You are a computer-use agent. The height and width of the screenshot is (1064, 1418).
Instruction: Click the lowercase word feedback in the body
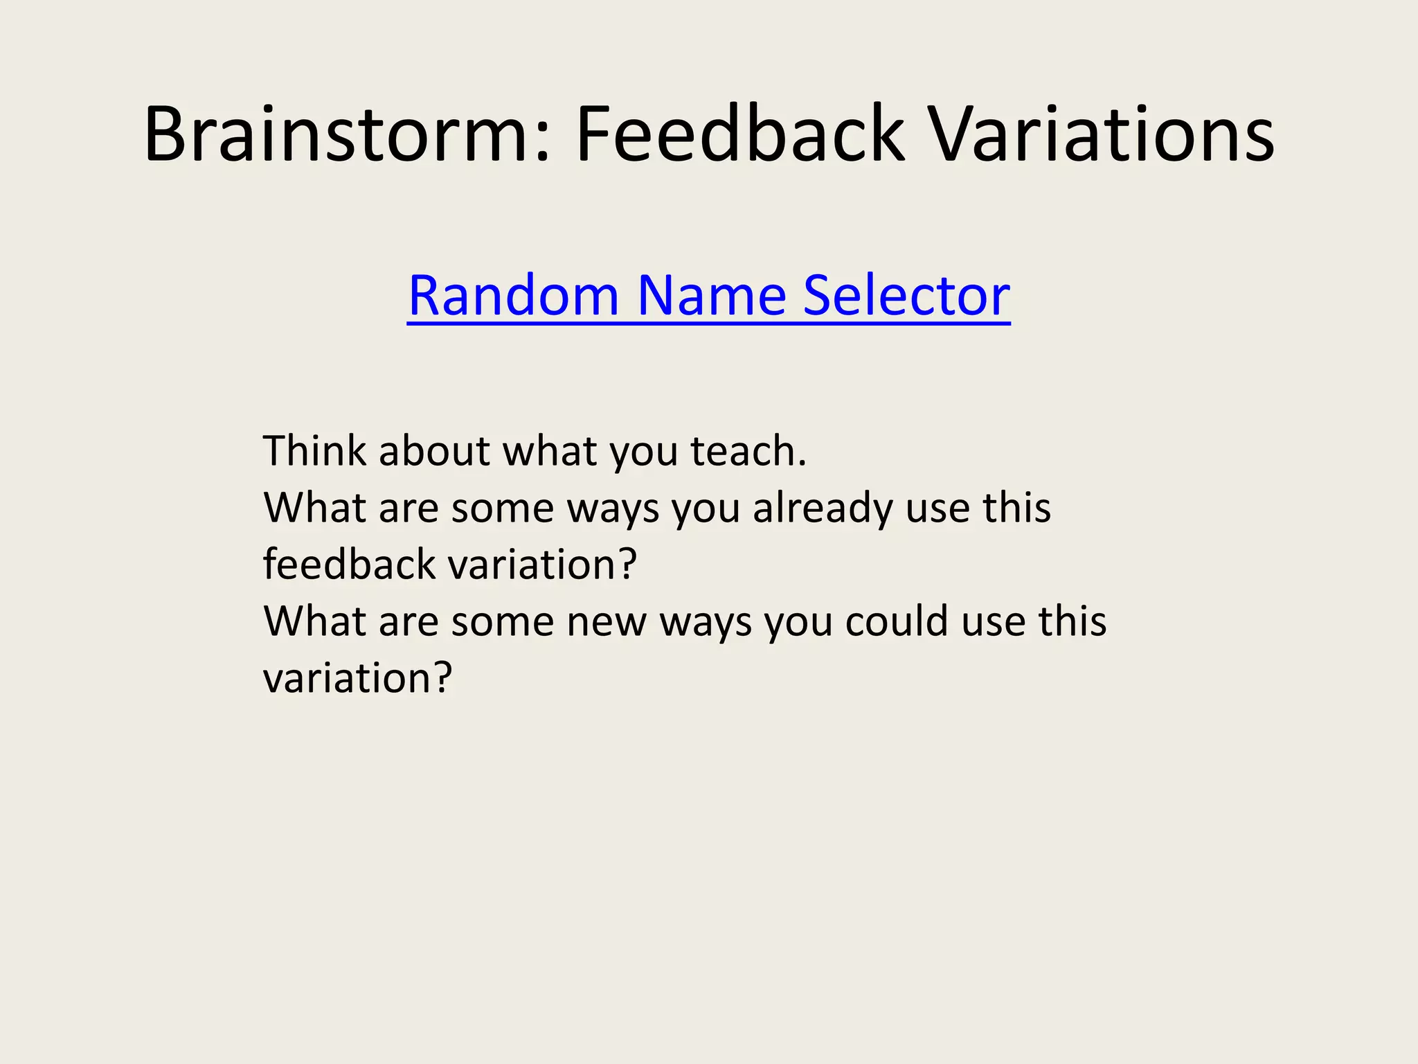pos(349,564)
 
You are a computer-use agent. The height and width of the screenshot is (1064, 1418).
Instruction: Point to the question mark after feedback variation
pos(627,564)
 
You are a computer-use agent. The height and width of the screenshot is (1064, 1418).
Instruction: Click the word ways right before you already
pos(613,509)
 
